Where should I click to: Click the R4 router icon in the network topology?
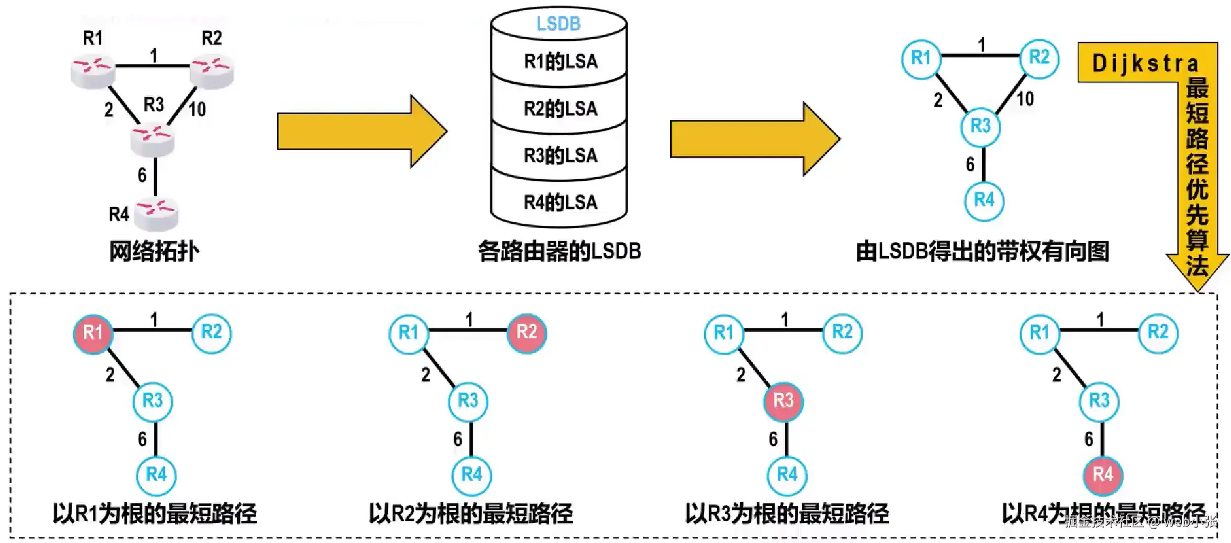pos(156,214)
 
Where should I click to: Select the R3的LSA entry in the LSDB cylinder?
pos(560,155)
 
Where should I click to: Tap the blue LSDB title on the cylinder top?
pos(558,24)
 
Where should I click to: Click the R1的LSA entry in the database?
pos(560,62)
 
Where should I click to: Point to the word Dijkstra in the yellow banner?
pos(1145,64)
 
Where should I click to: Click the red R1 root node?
pos(93,333)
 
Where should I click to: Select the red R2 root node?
pos(526,332)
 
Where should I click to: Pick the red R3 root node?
pos(783,400)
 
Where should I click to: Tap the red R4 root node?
pos(1103,474)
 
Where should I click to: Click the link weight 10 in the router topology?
pos(197,110)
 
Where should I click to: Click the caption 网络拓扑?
pos(154,251)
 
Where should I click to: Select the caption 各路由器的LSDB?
pos(559,251)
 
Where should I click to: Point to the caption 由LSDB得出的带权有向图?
pos(982,251)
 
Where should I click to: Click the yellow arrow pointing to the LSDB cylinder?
pos(361,131)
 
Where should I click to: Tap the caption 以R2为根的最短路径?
pos(471,513)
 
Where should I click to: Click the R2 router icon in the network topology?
pos(212,70)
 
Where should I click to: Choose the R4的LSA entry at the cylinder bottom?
pos(560,202)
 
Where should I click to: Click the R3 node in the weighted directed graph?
pos(981,126)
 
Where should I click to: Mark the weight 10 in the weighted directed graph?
pos(1025,99)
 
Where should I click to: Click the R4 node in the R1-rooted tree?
pos(156,474)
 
